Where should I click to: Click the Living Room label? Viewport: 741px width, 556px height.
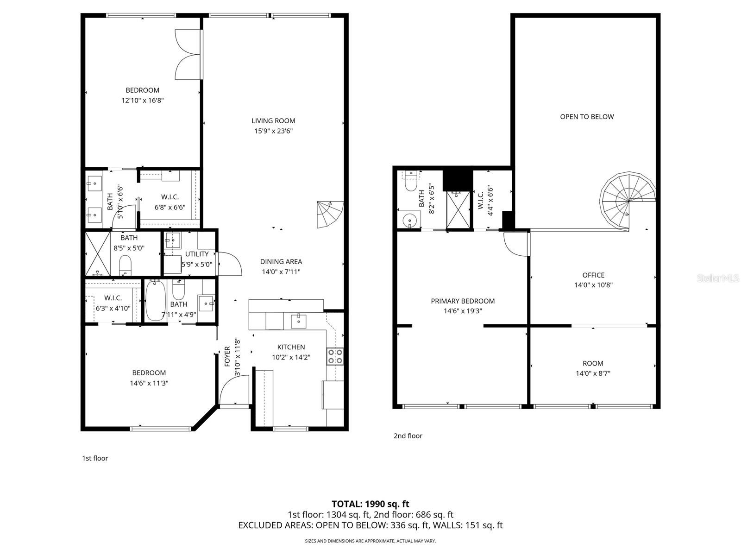point(273,121)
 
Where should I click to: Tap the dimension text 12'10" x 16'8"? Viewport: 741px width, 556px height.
point(143,100)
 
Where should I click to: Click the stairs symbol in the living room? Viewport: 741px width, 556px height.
point(330,214)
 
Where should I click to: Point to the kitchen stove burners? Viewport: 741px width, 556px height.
point(335,356)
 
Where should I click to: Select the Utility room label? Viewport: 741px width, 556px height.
point(197,254)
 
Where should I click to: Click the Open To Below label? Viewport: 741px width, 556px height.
point(587,117)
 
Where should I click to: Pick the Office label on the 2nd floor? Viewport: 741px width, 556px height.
point(593,275)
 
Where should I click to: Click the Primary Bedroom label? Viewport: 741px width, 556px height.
point(463,301)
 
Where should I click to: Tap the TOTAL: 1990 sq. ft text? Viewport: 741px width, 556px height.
point(370,504)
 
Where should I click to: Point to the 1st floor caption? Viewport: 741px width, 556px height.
point(95,458)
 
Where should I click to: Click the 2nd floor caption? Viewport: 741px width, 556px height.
point(408,436)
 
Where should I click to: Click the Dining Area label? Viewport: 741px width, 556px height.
point(281,262)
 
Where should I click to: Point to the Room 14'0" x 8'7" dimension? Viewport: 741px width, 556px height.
point(593,373)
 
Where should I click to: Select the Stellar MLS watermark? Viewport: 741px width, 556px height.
point(718,278)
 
